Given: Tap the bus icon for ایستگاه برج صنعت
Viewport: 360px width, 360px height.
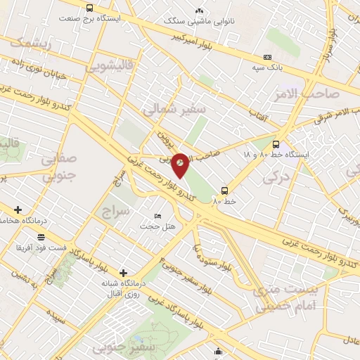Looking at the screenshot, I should pos(89,8).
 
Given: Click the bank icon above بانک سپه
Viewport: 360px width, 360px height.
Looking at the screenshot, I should pos(267,57).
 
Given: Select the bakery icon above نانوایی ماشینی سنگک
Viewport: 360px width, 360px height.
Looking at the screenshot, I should pos(199,11).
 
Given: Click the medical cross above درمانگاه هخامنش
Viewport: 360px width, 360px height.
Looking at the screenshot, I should pos(18,210).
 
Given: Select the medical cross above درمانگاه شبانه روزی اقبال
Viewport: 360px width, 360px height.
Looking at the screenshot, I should pos(124,272).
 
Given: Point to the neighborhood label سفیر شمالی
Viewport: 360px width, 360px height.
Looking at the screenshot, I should pos(173,110).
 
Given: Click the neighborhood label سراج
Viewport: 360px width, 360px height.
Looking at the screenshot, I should pos(116,211).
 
